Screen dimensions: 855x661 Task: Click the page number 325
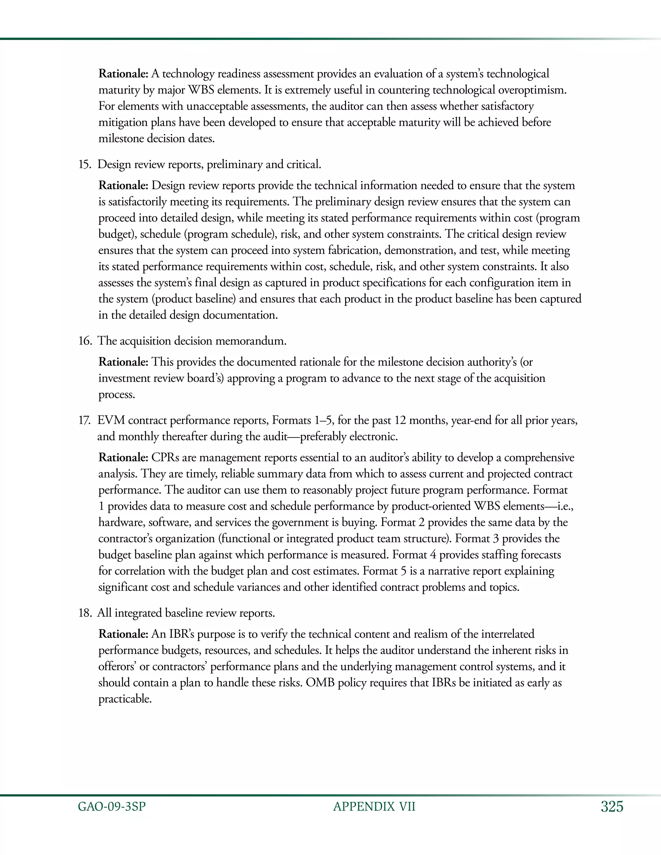(612, 807)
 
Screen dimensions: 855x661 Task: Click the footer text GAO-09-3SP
(112, 807)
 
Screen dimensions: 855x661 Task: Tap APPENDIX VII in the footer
(374, 807)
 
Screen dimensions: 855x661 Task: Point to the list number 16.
(85, 341)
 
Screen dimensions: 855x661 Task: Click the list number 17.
(85, 420)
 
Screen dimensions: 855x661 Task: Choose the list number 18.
(85, 613)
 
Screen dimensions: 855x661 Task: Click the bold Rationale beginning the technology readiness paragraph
(123, 74)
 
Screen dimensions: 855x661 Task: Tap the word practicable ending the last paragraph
(125, 699)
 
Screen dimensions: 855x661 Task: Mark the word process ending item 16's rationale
(116, 395)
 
